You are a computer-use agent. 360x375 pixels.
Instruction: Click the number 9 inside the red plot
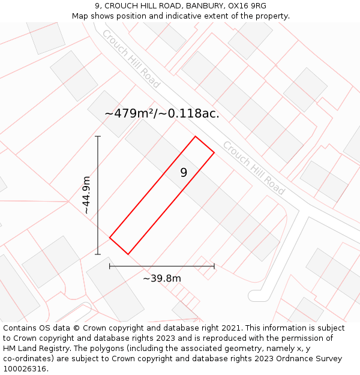[x=184, y=173]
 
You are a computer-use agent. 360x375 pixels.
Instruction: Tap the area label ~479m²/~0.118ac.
[x=162, y=113]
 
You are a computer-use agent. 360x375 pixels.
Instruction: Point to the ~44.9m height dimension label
[x=86, y=195]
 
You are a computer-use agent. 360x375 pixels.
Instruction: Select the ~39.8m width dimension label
[x=162, y=278]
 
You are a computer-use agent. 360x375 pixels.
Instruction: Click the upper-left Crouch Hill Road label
[x=131, y=59]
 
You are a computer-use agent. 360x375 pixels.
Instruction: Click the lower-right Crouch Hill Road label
[x=253, y=168]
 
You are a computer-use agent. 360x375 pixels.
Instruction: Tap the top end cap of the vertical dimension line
[x=98, y=136]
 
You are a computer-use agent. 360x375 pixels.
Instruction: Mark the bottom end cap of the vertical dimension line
[x=98, y=254]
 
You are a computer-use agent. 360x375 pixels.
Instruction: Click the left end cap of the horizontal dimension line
[x=110, y=266]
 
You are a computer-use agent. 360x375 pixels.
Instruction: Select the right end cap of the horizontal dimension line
[x=214, y=266]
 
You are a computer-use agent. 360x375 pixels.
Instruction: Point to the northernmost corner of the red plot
[x=196, y=137]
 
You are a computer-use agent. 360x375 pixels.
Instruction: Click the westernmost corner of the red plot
[x=110, y=238]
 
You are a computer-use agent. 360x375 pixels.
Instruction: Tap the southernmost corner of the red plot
[x=128, y=254]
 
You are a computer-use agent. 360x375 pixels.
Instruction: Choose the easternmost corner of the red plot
[x=214, y=152]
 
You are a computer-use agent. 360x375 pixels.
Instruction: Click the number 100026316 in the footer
[x=24, y=368]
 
